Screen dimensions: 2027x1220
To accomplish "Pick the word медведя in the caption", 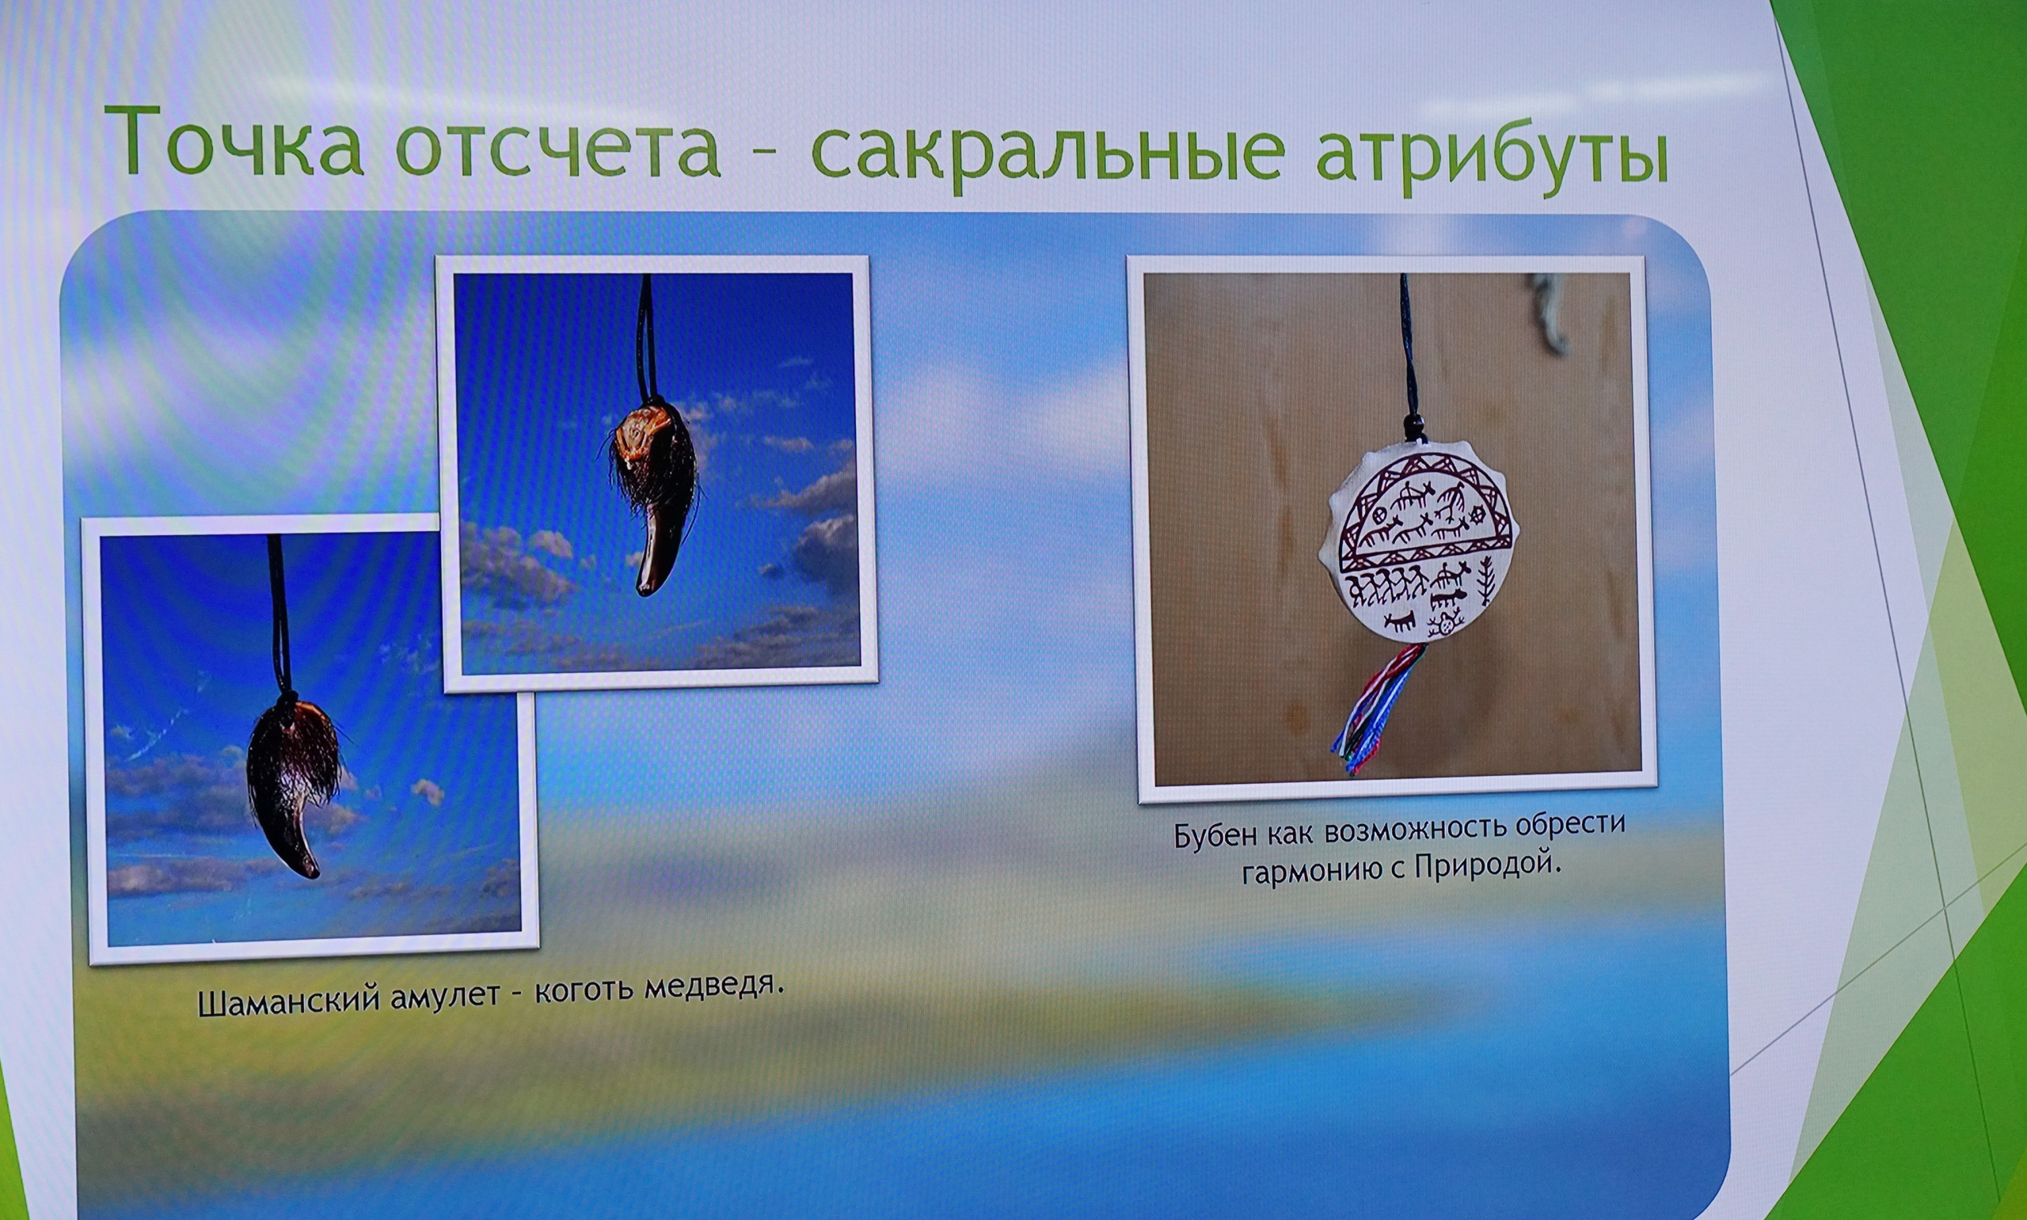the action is pos(712,983).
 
